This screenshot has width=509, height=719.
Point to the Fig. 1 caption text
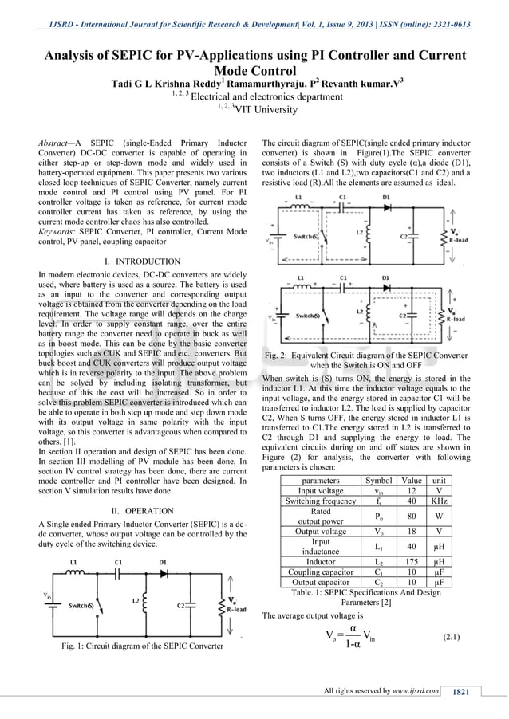click(x=136, y=646)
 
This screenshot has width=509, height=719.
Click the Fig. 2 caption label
click(x=281, y=354)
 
